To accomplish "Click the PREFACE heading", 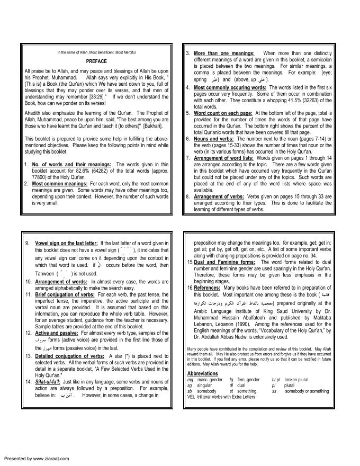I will [x=96, y=61].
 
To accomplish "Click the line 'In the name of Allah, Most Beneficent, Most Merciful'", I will [x=96, y=52].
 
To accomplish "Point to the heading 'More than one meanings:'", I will [x=224, y=53].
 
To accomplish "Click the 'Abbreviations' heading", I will [x=203, y=373].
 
